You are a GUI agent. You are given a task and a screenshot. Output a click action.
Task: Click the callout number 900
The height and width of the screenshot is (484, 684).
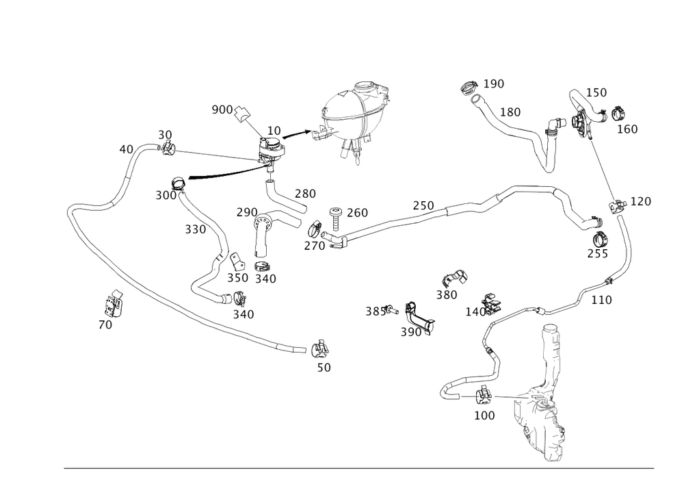221,110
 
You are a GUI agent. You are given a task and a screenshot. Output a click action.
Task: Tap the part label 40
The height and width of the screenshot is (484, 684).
125,149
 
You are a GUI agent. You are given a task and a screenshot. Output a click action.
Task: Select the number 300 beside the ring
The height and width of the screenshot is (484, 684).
165,195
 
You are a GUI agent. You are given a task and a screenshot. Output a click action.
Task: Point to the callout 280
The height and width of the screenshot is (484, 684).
306,194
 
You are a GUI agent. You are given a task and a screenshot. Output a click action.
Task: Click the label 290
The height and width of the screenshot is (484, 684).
246,212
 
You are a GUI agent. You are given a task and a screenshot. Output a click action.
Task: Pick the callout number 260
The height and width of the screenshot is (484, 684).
358,213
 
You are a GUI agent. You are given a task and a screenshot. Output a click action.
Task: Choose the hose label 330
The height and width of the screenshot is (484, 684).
196,230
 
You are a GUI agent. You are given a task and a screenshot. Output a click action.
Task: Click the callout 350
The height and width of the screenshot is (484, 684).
237,278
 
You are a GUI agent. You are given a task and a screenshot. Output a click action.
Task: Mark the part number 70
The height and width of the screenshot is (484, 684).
105,326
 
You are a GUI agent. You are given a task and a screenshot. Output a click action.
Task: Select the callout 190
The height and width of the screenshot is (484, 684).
493,84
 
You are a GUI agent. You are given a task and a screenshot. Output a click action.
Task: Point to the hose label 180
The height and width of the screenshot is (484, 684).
510,112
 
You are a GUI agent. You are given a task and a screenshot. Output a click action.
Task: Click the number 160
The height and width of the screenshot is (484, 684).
628,129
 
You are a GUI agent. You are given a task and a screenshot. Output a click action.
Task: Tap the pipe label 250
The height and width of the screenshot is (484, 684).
423,205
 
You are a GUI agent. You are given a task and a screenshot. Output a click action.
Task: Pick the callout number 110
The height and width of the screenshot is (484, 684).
602,299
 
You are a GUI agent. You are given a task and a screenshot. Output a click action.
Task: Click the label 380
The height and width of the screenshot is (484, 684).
447,295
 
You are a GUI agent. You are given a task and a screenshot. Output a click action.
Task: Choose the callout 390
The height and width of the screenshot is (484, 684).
410,332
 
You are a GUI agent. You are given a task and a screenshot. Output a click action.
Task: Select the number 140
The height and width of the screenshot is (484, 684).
475,311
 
